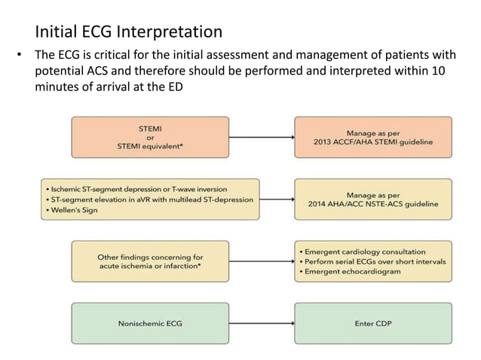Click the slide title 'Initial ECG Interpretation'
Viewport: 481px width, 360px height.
pyautogui.click(x=129, y=32)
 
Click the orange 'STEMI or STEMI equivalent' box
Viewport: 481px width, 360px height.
pyautogui.click(x=149, y=137)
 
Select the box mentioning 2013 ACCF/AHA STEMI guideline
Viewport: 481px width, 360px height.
pyautogui.click(x=373, y=137)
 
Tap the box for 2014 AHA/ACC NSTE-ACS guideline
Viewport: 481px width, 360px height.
pyautogui.click(x=373, y=199)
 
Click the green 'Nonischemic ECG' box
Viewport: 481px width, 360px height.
pyautogui.click(x=149, y=323)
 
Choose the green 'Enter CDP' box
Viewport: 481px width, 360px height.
pyautogui.click(x=373, y=323)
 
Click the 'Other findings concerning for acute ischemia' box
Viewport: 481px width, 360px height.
pyautogui.click(x=149, y=261)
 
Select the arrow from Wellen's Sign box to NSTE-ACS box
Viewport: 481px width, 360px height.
pyautogui.click(x=276, y=199)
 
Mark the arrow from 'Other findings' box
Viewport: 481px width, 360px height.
pyautogui.click(x=259, y=261)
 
